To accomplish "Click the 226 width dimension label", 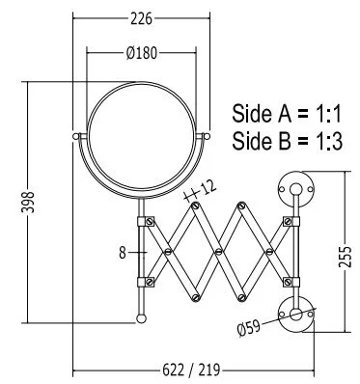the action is point(141,19).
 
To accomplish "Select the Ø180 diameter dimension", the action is point(142,53).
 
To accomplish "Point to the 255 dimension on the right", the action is point(345,257).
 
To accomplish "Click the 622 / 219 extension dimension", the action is point(191,370).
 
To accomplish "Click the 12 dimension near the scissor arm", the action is point(208,187).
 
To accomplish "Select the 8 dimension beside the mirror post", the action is point(123,253).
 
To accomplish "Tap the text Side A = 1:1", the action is point(286,114).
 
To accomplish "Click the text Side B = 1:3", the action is point(287,141).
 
